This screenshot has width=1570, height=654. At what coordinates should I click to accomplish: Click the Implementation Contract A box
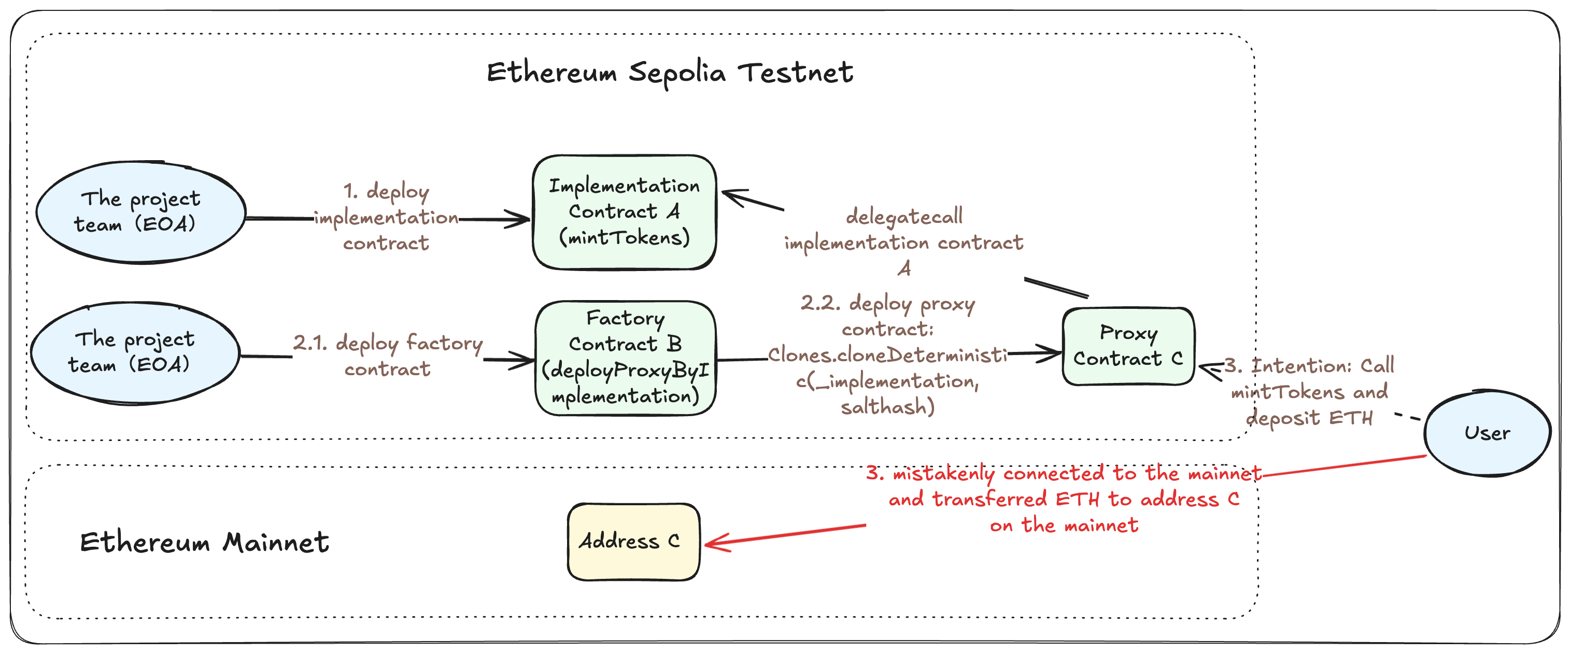click(x=624, y=212)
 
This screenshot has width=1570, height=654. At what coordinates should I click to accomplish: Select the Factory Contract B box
click(x=625, y=358)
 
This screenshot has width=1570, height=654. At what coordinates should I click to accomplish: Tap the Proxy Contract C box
click(x=1128, y=346)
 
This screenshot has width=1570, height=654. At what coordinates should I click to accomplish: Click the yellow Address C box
click(x=633, y=541)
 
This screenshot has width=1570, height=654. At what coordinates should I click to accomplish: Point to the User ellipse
click(x=1487, y=433)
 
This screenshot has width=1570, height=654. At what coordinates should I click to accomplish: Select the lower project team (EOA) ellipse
click(x=135, y=352)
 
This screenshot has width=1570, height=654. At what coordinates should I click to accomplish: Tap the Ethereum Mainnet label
click(x=204, y=542)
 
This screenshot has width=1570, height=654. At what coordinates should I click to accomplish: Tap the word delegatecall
click(x=904, y=217)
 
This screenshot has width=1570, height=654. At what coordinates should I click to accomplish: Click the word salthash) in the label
click(x=887, y=406)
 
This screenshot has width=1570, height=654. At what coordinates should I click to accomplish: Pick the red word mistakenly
click(x=943, y=474)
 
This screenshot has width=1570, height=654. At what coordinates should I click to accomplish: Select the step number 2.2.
click(x=821, y=303)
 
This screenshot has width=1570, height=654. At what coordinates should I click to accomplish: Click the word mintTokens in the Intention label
click(x=1287, y=392)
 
